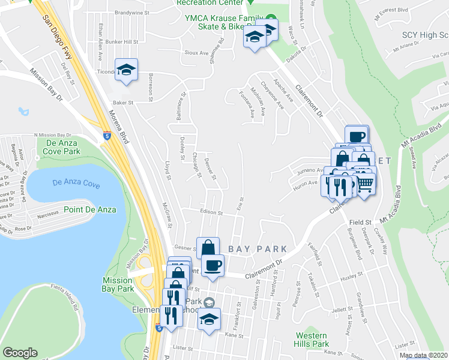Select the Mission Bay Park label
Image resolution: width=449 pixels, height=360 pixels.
(x=118, y=284)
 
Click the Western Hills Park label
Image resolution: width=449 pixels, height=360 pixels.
(x=312, y=340)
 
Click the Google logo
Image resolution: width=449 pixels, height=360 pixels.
(x=20, y=353)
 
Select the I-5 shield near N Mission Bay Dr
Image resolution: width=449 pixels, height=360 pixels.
(x=107, y=135)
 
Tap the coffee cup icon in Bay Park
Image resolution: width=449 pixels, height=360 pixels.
(x=212, y=264)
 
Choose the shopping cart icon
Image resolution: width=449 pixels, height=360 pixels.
(x=364, y=183)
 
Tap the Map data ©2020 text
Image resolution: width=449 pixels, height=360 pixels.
(x=424, y=355)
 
